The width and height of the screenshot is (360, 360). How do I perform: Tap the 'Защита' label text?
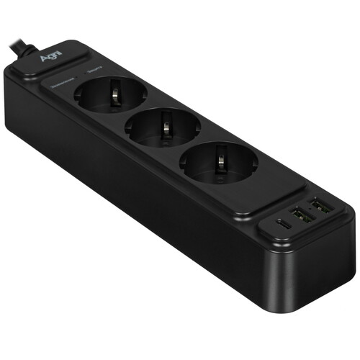[x=94, y=70]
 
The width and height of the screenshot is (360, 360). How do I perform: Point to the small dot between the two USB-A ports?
[x=312, y=212]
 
